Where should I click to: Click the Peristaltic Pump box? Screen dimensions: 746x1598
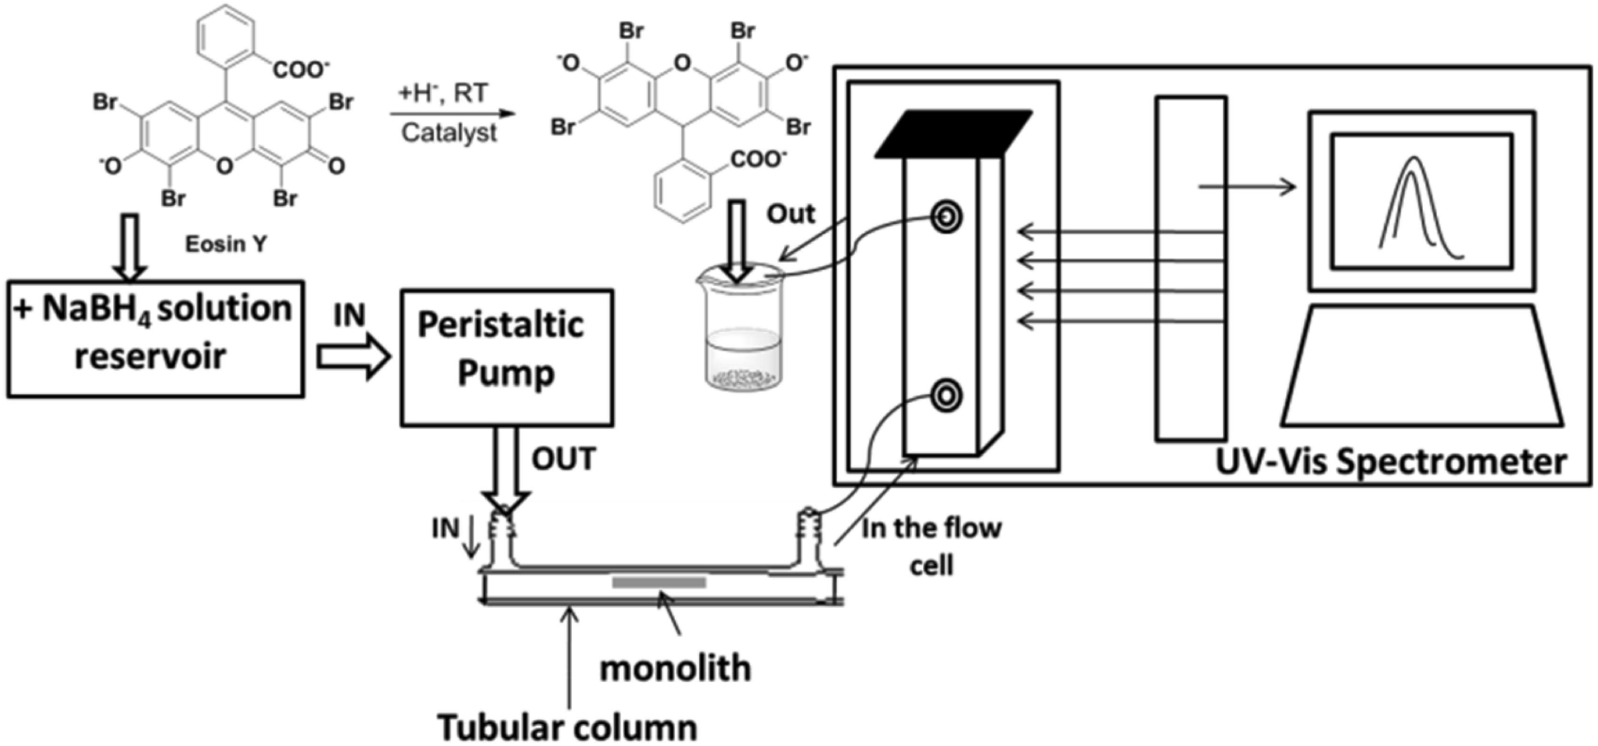[x=506, y=358]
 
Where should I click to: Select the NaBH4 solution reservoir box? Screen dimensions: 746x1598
[x=155, y=339]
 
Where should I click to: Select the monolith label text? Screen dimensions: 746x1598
[x=675, y=669]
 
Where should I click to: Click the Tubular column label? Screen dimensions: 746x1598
[x=567, y=727]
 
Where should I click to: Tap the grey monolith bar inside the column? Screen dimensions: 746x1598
[x=659, y=582]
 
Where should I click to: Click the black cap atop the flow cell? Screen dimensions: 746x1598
[x=954, y=133]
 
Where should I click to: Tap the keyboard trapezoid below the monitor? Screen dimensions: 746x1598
[x=1421, y=366]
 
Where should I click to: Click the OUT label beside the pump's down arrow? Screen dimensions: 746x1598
[x=563, y=459]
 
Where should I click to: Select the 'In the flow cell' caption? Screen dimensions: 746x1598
[x=932, y=546]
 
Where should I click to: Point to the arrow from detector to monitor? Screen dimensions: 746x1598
[x=1247, y=186]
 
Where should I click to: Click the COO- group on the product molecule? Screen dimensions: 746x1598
[x=758, y=160]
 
